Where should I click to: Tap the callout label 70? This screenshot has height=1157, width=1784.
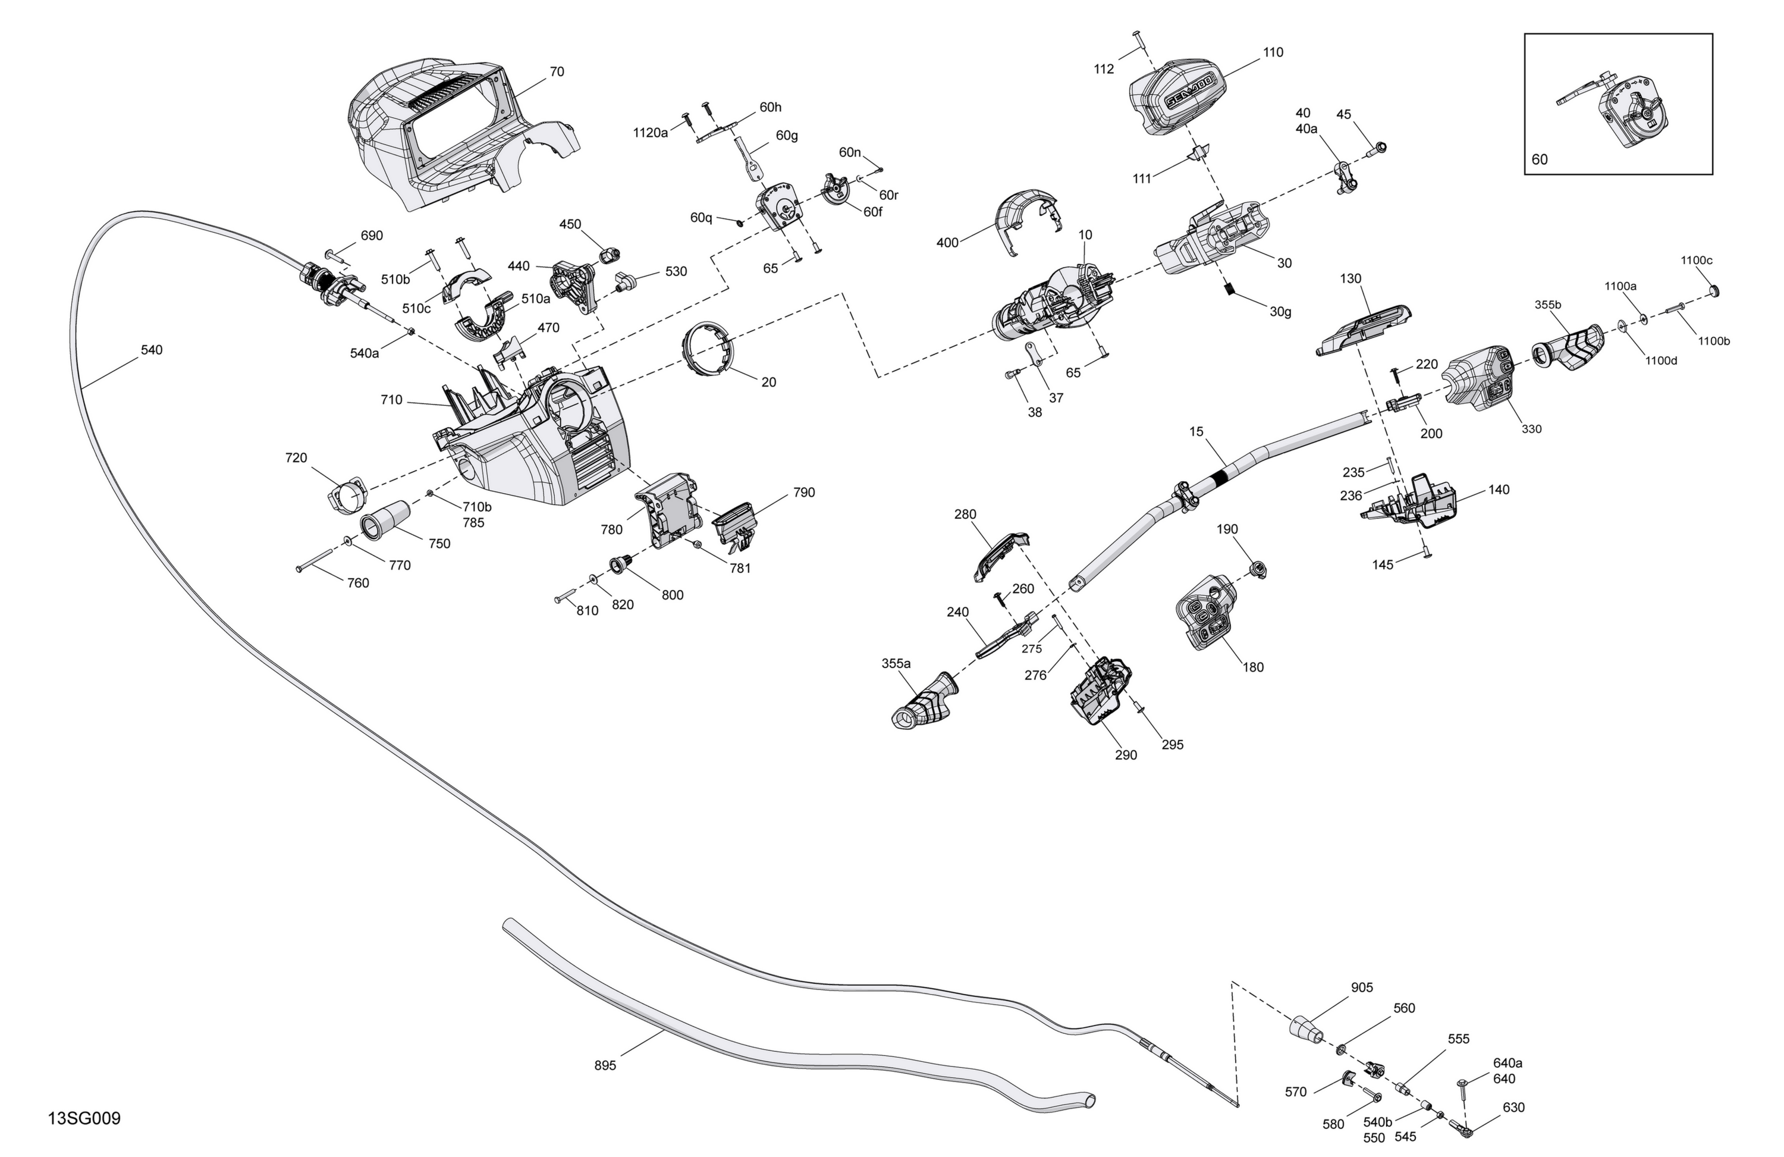tap(557, 72)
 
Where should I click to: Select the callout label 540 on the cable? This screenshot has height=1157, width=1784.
tap(152, 350)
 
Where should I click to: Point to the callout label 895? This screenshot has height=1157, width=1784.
tap(605, 1065)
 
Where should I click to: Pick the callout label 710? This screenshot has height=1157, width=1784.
tap(391, 400)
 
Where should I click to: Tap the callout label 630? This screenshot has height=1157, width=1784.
tap(1513, 1108)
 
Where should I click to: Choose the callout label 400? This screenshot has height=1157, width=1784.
tap(947, 243)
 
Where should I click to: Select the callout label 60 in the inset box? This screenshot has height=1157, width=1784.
tap(1539, 159)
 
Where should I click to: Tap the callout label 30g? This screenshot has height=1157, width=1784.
tap(1280, 312)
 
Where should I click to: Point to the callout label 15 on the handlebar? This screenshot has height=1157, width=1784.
tap(1196, 432)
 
